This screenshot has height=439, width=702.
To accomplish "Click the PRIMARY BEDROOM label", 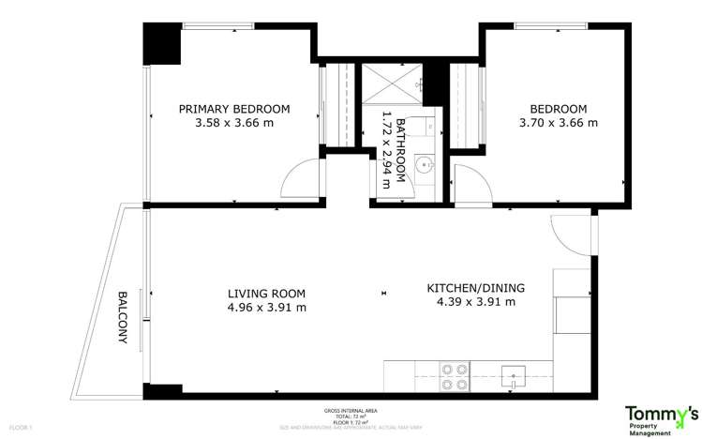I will pyautogui.click(x=234, y=109).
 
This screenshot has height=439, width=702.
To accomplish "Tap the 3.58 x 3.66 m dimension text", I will pyautogui.click(x=234, y=123).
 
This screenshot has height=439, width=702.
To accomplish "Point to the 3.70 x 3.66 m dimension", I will pyautogui.click(x=558, y=123).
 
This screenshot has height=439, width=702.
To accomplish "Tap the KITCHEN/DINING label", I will pyautogui.click(x=475, y=287).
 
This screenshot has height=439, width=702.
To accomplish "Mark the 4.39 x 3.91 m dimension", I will pyautogui.click(x=475, y=302).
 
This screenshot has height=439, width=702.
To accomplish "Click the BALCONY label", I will pyautogui.click(x=123, y=318).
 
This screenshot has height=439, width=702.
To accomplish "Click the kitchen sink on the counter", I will pyautogui.click(x=513, y=377).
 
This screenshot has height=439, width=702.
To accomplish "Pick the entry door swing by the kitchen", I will pyautogui.click(x=569, y=234).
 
